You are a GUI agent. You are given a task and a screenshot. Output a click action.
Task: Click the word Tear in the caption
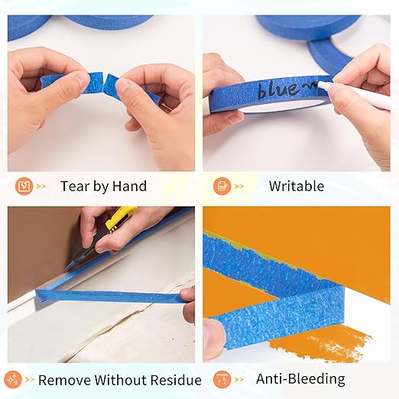point(75,186)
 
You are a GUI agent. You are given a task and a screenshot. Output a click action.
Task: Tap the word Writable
point(296,186)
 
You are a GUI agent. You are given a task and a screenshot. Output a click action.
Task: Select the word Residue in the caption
point(173,380)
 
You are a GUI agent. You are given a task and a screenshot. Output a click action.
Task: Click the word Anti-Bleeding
point(300,379)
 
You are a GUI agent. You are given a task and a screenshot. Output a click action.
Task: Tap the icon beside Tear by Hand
point(23,186)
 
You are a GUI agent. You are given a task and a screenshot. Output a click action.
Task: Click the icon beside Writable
point(222,186)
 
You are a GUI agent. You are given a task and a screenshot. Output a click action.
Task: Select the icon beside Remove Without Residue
point(12,379)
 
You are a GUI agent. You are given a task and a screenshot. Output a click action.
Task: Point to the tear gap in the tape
point(105,81)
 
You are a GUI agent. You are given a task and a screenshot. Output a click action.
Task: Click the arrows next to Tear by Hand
point(42,186)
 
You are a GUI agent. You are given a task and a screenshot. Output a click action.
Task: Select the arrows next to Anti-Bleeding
point(241,379)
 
